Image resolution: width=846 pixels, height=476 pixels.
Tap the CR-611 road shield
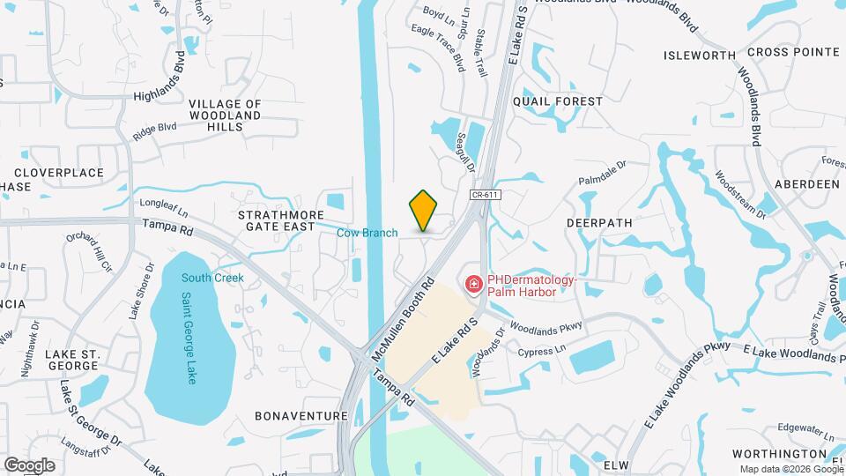pyautogui.click(x=479, y=195)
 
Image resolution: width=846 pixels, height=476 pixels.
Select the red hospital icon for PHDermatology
pyautogui.click(x=473, y=284)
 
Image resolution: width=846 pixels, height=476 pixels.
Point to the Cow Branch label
pyautogui.click(x=367, y=233)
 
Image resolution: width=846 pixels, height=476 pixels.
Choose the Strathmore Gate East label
pyautogui.click(x=276, y=220)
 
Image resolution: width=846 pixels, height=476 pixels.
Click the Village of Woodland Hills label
pyautogui.click(x=225, y=115)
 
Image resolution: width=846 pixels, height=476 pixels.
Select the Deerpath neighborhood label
pyautogui.click(x=599, y=223)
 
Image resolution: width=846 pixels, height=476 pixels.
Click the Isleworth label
pyautogui.click(x=700, y=56)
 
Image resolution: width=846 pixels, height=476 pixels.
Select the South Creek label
pyautogui.click(x=212, y=278)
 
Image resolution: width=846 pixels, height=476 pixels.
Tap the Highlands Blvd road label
pyautogui.click(x=160, y=83)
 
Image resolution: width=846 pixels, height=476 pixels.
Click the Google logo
pyautogui.click(x=29, y=465)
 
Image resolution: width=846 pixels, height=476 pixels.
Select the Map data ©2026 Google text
pyautogui.click(x=788, y=469)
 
